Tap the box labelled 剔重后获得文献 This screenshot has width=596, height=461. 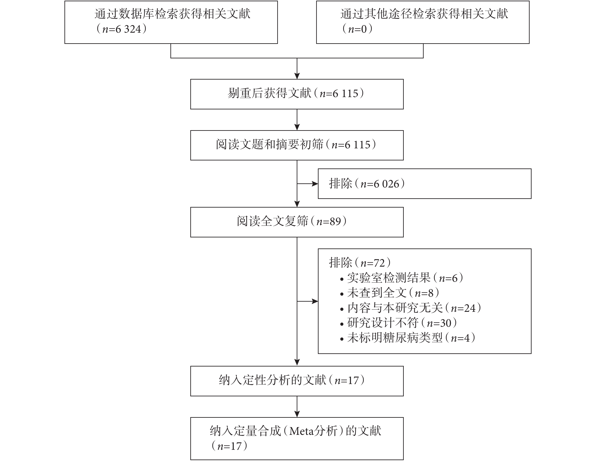[x=297, y=94]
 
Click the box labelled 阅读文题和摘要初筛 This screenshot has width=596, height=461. [x=297, y=145]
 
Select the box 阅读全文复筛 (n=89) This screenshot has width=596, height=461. [x=297, y=222]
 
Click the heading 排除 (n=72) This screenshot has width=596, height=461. [x=360, y=263]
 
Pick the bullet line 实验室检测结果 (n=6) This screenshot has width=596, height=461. [x=402, y=278]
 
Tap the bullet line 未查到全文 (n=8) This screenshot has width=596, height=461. [x=390, y=293]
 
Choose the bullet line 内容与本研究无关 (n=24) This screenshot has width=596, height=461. [x=411, y=308]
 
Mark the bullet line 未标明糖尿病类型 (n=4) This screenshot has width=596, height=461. [x=408, y=338]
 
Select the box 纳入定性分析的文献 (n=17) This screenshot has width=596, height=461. [x=297, y=381]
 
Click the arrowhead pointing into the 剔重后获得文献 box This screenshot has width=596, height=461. [x=297, y=76]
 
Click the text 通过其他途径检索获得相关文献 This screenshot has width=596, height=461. [x=424, y=14]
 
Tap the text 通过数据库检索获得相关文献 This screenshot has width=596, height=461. [x=173, y=14]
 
